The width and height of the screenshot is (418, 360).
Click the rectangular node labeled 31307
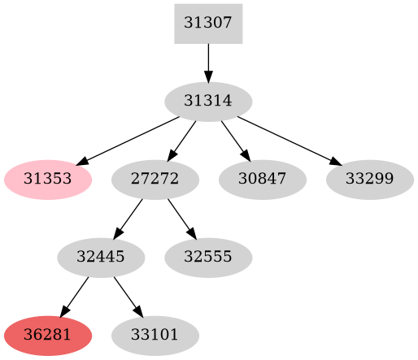[x=208, y=24]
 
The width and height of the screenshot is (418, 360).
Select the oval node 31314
[x=208, y=102]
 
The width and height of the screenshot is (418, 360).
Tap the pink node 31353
[x=47, y=180]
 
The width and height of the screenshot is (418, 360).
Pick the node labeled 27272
[x=155, y=180]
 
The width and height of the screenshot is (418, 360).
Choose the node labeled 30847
[x=262, y=180]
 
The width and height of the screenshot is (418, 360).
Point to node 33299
[x=369, y=180]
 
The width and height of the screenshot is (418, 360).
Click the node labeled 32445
[x=101, y=258]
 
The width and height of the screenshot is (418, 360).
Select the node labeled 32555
[x=208, y=258]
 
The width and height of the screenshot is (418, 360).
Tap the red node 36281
[x=47, y=335]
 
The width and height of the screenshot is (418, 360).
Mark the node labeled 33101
[x=155, y=335]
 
